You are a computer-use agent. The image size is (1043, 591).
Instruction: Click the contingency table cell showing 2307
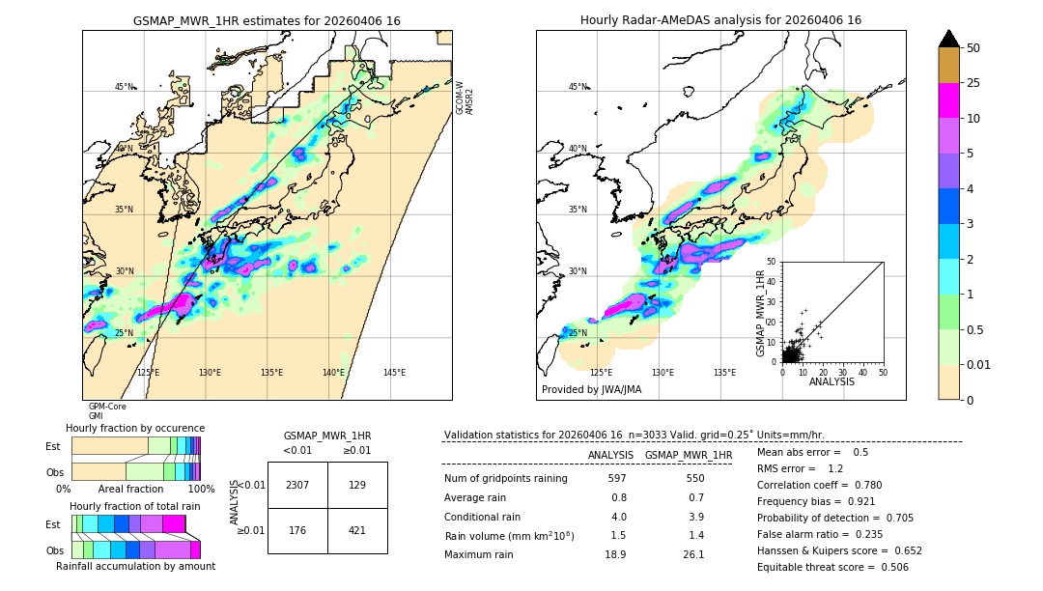pos(297,485)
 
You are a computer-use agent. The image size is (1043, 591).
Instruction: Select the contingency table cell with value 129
pos(357,485)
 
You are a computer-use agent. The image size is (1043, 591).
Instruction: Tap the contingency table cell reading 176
pos(297,529)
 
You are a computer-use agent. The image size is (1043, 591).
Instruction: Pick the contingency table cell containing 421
pos(357,529)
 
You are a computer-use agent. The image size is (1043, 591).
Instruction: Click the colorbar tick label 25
pos(973,83)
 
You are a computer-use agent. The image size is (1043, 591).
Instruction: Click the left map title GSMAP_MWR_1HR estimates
pos(267,20)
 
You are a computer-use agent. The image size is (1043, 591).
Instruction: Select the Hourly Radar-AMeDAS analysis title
pos(720,20)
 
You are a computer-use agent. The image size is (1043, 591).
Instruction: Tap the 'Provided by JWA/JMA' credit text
pos(591,389)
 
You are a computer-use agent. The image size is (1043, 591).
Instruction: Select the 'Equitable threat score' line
pos(832,567)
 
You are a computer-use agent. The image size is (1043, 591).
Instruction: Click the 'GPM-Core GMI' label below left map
pos(106,411)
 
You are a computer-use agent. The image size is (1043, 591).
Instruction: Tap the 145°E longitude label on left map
pos(394,373)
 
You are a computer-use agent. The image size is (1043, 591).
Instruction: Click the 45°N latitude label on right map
pos(577,87)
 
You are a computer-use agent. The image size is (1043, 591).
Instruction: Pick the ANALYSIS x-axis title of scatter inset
pos(832,381)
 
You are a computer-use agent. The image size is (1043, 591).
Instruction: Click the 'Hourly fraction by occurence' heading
pos(135,428)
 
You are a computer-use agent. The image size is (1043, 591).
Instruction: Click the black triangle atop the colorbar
pos(948,38)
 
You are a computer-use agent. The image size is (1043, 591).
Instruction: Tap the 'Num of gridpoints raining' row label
pos(506,479)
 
